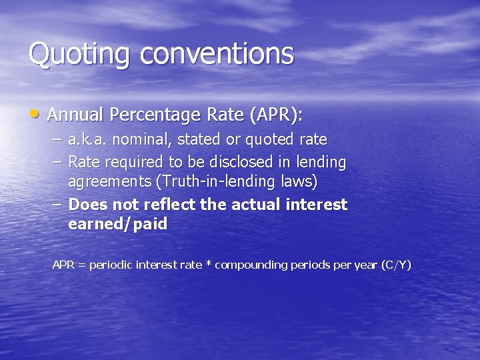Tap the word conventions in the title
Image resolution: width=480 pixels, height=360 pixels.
point(217,53)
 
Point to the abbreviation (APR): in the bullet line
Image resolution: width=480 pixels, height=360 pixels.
point(275,115)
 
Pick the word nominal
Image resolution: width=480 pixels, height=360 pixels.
point(137,141)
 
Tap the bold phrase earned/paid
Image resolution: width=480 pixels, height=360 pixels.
point(117,225)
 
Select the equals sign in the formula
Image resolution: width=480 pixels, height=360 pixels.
point(81,265)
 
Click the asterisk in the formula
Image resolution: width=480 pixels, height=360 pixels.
point(208,264)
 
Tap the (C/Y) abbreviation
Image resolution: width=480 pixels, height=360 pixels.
point(396,265)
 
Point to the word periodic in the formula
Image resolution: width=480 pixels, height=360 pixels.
point(111,265)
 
